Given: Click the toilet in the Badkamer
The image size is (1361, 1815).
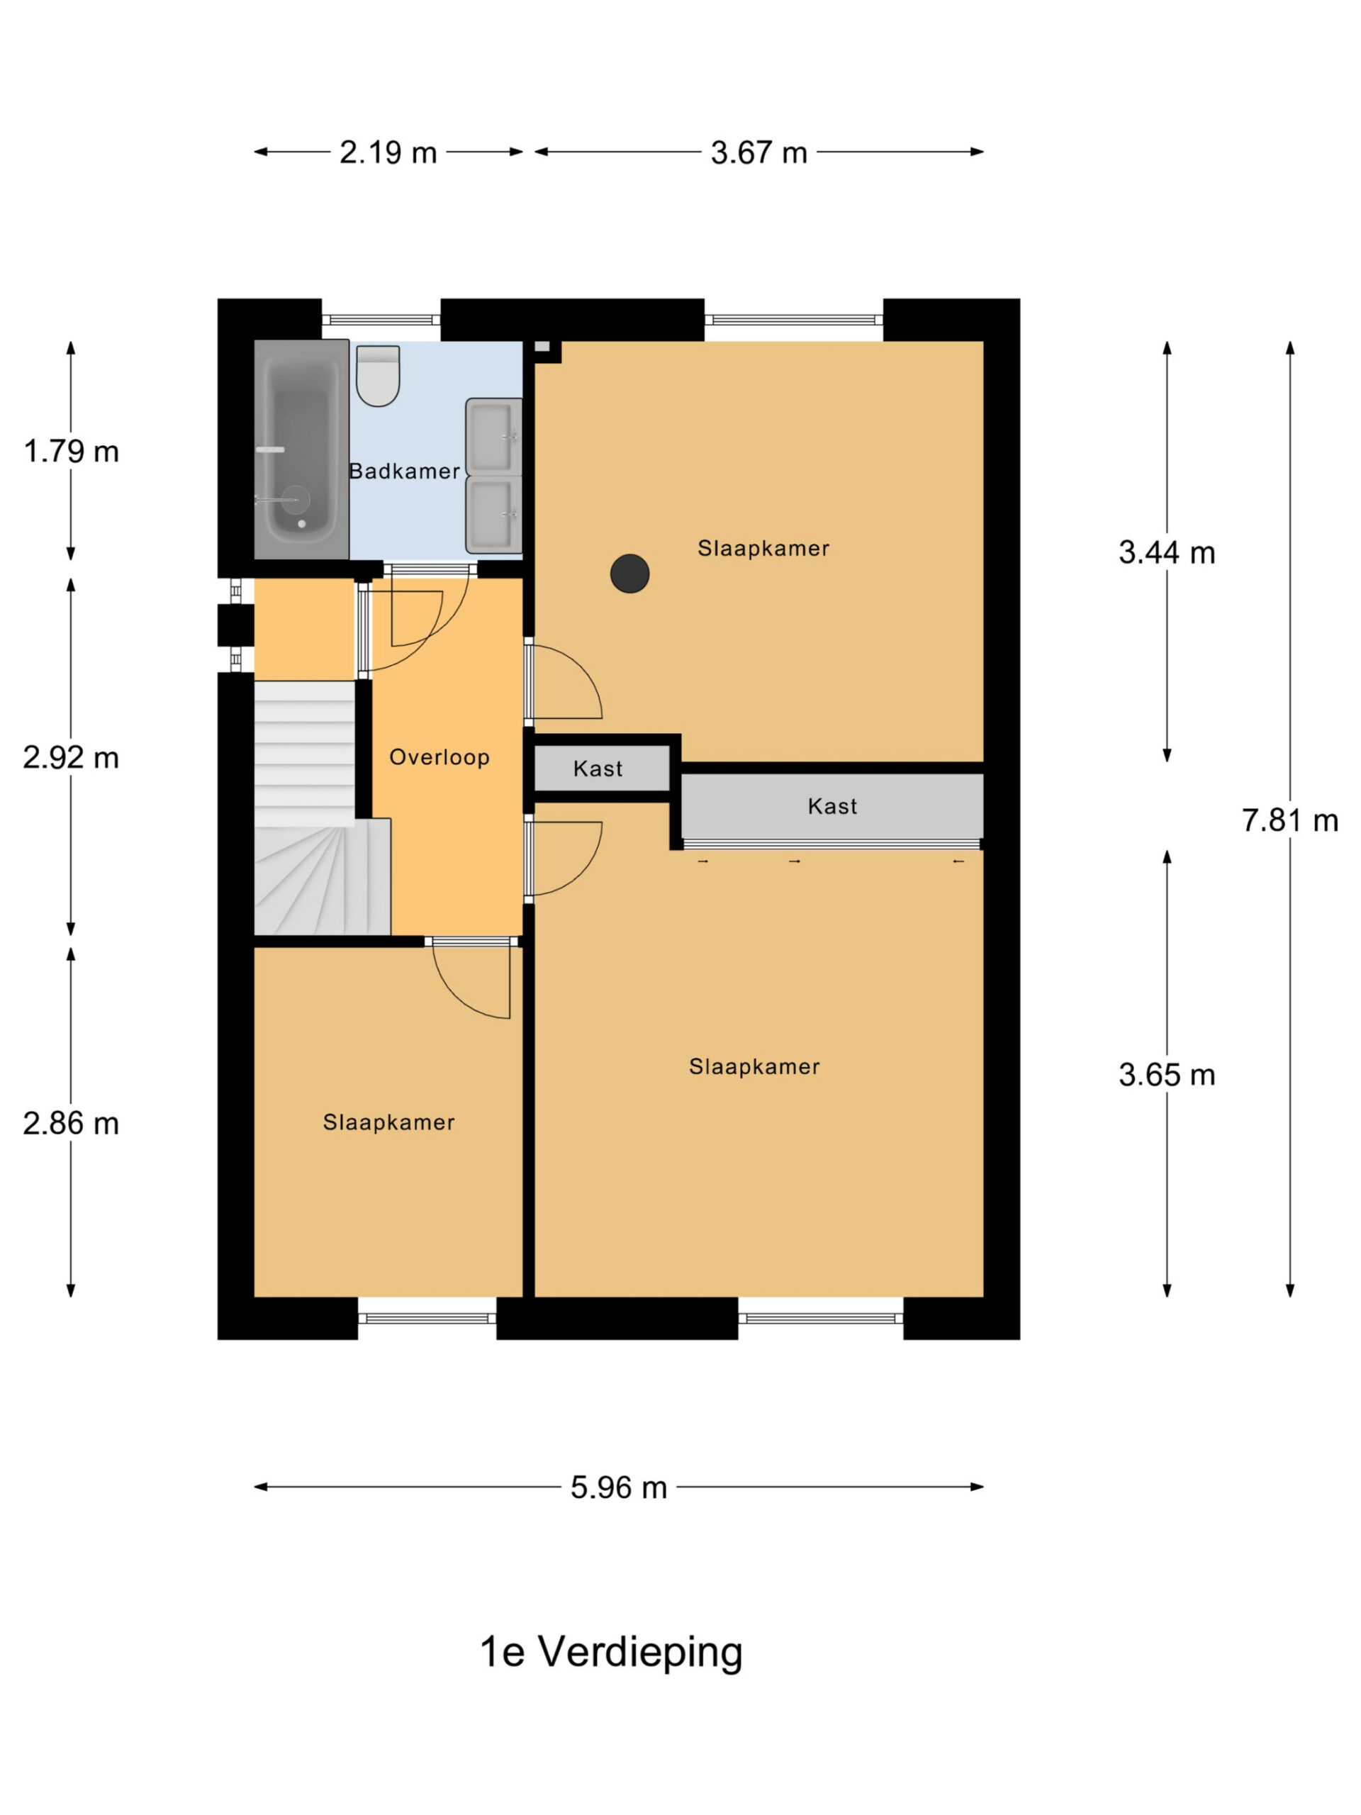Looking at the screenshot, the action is pyautogui.click(x=379, y=375).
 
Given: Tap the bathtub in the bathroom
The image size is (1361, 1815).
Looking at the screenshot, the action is pyautogui.click(x=301, y=449).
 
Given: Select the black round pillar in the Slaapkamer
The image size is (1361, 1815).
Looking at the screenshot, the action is pyautogui.click(x=630, y=573).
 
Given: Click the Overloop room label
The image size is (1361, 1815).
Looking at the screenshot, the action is pyautogui.click(x=439, y=756).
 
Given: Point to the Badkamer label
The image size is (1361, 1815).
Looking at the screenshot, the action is pyautogui.click(x=405, y=471).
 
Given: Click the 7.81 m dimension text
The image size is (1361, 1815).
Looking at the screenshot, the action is pyautogui.click(x=1289, y=820).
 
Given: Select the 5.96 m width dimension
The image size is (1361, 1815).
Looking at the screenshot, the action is pyautogui.click(x=619, y=1487).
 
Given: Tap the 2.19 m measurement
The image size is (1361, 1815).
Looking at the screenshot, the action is pyautogui.click(x=388, y=152).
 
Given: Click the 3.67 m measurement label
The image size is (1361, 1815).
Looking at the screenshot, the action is pyautogui.click(x=759, y=152).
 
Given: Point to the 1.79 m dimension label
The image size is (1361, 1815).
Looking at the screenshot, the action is pyautogui.click(x=72, y=452).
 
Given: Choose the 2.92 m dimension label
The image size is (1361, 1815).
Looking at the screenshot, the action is pyautogui.click(x=72, y=757).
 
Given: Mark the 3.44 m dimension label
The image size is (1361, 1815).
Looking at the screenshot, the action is pyautogui.click(x=1167, y=552).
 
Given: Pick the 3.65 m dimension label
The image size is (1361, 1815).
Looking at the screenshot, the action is pyautogui.click(x=1167, y=1075).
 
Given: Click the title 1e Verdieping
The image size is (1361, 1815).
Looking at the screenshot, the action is pyautogui.click(x=611, y=1652).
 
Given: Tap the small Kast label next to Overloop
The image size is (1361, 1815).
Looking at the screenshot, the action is pyautogui.click(x=598, y=769).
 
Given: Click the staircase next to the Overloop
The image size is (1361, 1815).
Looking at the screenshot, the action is pyautogui.click(x=316, y=808).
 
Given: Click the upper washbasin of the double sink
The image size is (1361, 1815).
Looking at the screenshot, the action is pyautogui.click(x=493, y=437).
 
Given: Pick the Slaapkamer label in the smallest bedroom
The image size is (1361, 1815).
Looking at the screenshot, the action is pyautogui.click(x=389, y=1122).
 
